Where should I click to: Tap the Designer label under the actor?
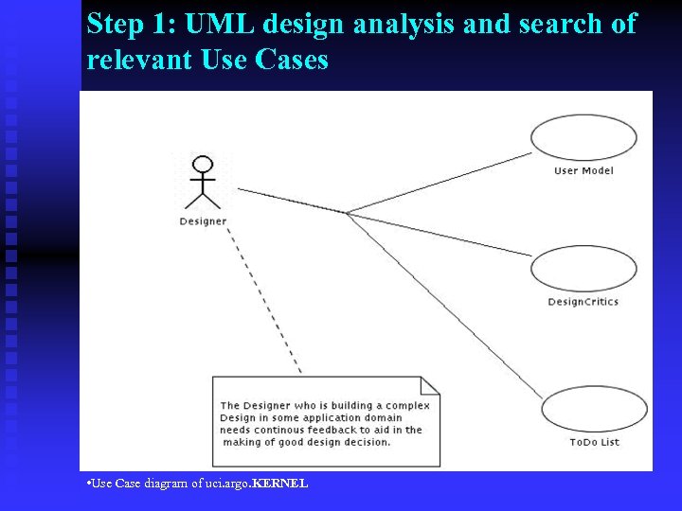(203, 221)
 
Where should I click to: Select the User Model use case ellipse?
(583, 137)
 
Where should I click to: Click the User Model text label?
(583, 171)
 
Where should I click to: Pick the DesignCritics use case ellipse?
(583, 269)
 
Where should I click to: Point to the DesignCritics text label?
(583, 302)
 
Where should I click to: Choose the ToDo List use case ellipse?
(594, 409)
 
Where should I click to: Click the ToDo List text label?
(594, 442)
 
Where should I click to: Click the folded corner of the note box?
(431, 385)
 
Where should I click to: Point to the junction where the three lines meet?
(347, 213)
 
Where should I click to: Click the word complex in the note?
(408, 406)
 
